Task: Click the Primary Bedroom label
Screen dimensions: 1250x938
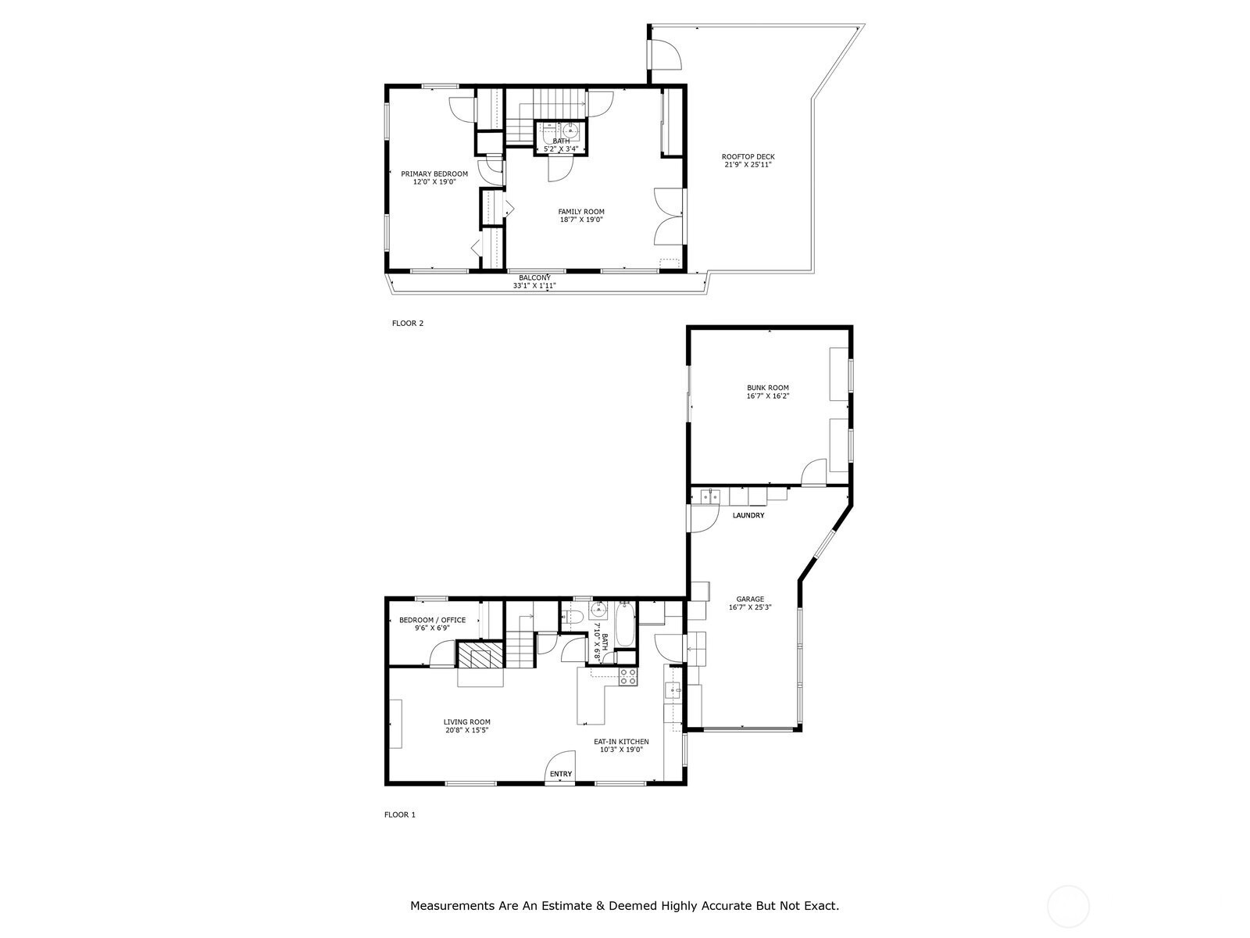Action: click(x=434, y=174)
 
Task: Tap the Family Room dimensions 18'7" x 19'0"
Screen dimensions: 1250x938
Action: click(x=581, y=220)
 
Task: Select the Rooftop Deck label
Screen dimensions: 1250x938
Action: click(x=748, y=156)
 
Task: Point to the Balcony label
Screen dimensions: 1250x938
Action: click(x=534, y=277)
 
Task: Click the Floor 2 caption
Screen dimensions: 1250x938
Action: click(x=407, y=323)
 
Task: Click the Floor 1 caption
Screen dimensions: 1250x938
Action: click(x=399, y=814)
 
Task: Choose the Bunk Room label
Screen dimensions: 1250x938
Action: click(x=768, y=387)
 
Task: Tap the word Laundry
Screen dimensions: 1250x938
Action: click(x=748, y=515)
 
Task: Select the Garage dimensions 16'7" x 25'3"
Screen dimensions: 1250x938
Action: click(x=749, y=607)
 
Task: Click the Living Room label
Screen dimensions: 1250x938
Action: click(x=466, y=721)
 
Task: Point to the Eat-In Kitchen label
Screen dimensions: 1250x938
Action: click(x=621, y=742)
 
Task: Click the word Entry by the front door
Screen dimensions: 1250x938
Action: click(x=560, y=773)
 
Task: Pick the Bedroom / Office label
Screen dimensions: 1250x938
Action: click(x=432, y=620)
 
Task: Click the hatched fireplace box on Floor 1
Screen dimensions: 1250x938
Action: click(x=480, y=653)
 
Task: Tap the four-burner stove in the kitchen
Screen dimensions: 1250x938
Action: click(x=627, y=676)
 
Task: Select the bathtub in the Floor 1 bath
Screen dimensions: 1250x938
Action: click(x=624, y=625)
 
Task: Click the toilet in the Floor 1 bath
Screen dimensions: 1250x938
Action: click(x=570, y=617)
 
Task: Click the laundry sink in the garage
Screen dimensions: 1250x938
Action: click(x=709, y=496)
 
